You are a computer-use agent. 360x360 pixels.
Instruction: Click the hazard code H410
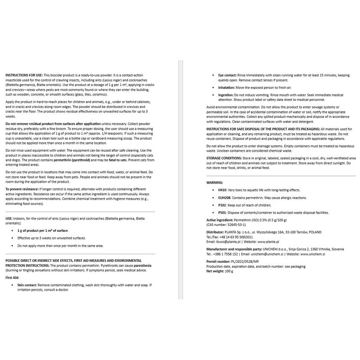(222, 190)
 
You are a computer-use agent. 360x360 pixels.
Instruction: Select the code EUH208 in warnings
(225, 198)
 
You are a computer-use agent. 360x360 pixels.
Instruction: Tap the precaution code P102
(222, 205)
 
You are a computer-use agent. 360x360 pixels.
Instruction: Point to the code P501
(222, 212)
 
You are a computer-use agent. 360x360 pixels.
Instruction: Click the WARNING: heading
(215, 183)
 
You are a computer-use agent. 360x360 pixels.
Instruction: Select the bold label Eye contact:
(224, 75)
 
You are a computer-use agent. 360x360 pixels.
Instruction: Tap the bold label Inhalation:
(223, 87)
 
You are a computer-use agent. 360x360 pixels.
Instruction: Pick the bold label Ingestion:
(223, 95)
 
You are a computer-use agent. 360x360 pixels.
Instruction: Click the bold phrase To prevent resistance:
(22, 189)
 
